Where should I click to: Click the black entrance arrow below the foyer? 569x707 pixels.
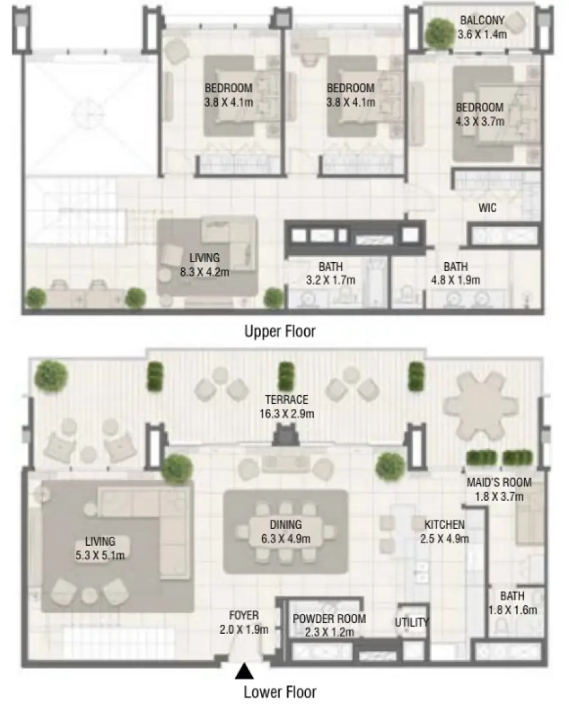pos(243,672)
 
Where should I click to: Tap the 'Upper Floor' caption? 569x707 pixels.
pos(280,332)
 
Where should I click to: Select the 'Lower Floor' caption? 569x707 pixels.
pos(280,692)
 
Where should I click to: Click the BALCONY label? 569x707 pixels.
pos(482,20)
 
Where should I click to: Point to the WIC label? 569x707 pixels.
pos(487,208)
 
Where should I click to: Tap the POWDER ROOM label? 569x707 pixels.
pos(329,619)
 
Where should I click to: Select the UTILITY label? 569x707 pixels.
pos(411,622)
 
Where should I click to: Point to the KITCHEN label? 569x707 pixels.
pos(444,524)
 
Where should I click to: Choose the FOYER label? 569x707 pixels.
pos(244,615)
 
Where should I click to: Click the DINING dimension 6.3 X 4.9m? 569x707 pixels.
pos(285,539)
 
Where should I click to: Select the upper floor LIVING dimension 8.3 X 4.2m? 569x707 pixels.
pos(204,272)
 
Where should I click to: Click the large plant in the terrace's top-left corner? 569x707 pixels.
pos(51,375)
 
